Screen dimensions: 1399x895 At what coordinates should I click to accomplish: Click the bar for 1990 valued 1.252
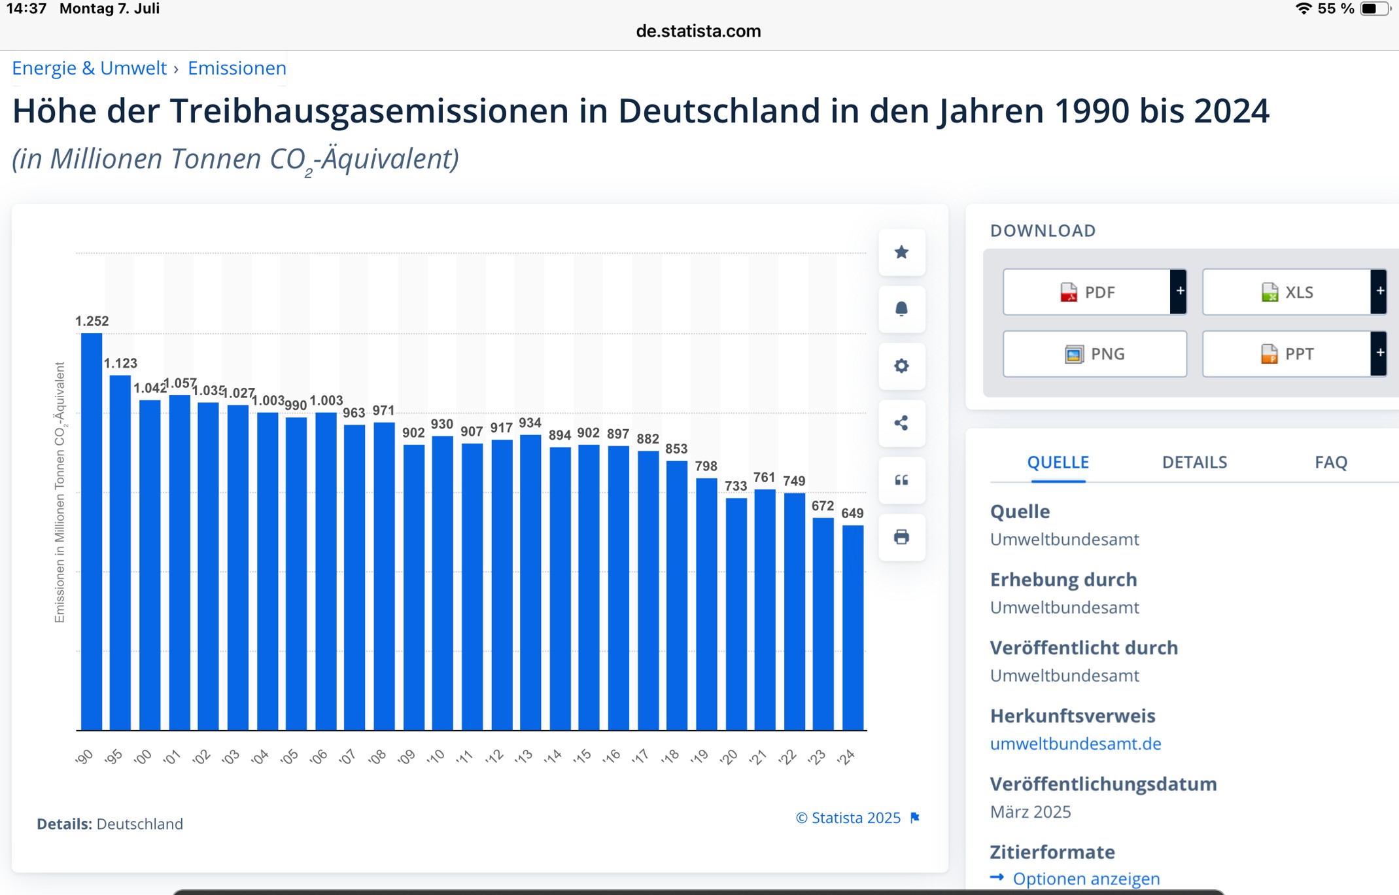coord(92,531)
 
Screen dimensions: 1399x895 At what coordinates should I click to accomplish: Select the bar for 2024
coord(853,627)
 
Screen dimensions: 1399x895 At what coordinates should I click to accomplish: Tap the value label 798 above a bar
coord(706,466)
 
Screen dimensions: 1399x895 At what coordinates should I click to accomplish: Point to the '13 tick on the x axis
coord(523,756)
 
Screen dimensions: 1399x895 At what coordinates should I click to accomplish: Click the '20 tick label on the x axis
coord(728,756)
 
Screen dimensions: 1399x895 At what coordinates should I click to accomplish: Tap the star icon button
coord(901,252)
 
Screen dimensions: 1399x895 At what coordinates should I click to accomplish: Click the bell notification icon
coord(901,309)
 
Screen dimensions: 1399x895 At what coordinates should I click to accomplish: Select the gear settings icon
coord(901,366)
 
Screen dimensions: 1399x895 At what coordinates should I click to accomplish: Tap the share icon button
coord(901,423)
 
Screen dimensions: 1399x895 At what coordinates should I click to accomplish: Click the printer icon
coord(901,537)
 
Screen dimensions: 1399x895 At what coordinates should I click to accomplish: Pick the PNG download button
coord(1094,353)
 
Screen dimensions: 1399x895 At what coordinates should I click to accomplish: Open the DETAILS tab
coord(1194,462)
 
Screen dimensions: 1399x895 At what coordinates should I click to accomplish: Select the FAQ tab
coord(1331,462)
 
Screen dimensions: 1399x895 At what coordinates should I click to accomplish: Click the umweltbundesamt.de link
coord(1075,743)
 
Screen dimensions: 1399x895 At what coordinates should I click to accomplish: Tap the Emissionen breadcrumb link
coord(237,68)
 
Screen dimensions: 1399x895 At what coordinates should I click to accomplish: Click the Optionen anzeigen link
coord(1086,878)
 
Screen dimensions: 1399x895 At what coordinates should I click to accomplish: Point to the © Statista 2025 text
coord(848,817)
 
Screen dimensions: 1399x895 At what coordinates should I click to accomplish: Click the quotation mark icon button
coord(901,480)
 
